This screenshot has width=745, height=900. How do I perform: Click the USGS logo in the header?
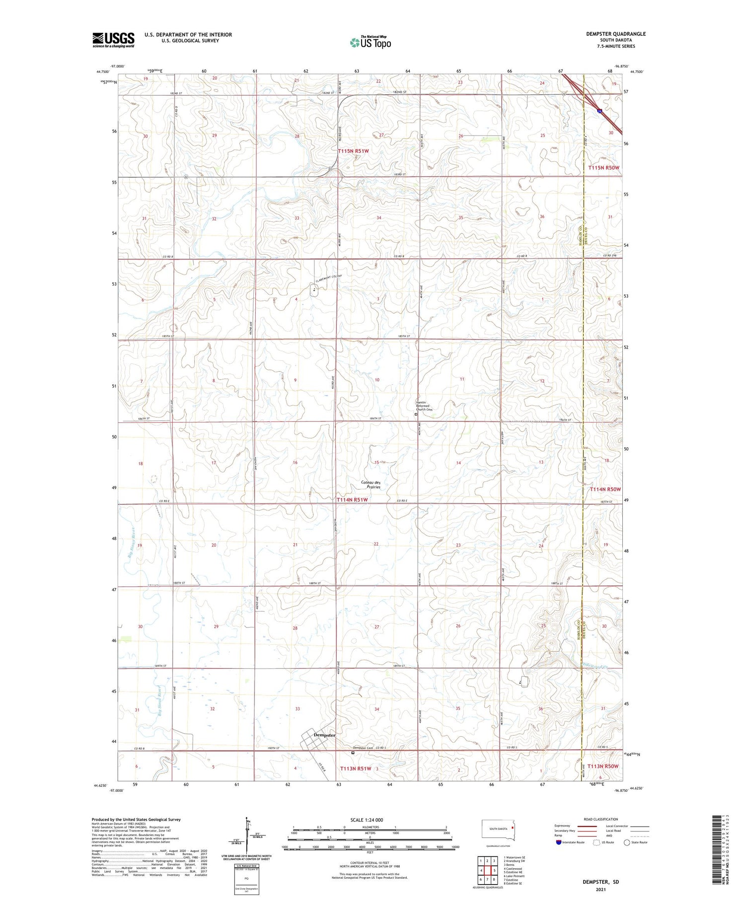point(113,40)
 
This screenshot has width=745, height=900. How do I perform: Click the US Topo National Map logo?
point(371,42)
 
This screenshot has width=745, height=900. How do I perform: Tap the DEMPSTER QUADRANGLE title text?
point(615,34)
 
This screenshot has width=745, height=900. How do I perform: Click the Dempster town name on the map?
point(325,735)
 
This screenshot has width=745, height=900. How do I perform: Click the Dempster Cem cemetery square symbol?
point(353,753)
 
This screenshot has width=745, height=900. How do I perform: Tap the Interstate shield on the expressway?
point(600,111)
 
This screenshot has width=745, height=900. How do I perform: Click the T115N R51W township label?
point(353,151)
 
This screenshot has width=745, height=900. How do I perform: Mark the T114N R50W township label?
point(605,489)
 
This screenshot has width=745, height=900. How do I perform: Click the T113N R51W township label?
point(356,768)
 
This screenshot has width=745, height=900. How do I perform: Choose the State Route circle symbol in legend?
point(627,842)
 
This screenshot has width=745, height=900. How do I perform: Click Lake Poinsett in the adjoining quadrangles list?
point(515,876)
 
